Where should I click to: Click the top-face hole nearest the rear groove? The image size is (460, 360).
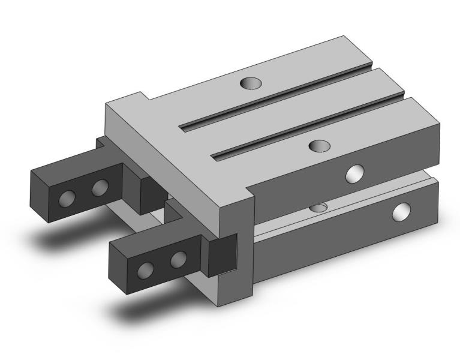click(x=248, y=83)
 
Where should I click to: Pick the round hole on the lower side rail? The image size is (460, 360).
click(x=401, y=212)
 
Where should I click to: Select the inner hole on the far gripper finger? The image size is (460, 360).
click(x=100, y=188)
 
